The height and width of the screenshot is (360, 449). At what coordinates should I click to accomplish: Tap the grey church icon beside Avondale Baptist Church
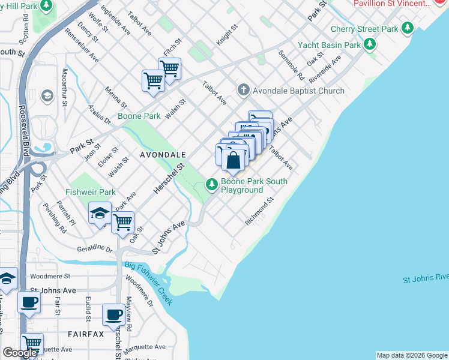[243, 91]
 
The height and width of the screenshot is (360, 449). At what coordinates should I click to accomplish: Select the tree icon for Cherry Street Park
[408, 28]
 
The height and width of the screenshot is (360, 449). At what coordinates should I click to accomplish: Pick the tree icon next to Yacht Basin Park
[370, 44]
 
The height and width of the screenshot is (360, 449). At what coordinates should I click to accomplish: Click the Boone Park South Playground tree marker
[211, 184]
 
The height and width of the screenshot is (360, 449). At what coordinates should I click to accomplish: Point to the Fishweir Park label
[90, 193]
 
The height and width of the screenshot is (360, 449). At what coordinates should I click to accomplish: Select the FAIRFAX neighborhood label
[85, 333]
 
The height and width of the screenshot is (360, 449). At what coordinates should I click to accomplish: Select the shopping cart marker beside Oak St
[122, 222]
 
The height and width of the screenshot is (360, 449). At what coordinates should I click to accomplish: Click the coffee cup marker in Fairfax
[113, 314]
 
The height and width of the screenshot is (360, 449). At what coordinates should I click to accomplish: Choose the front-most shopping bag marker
[234, 161]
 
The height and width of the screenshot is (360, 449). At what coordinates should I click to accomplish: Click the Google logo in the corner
[20, 353]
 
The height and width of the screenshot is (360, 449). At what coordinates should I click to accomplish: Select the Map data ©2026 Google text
[412, 355]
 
